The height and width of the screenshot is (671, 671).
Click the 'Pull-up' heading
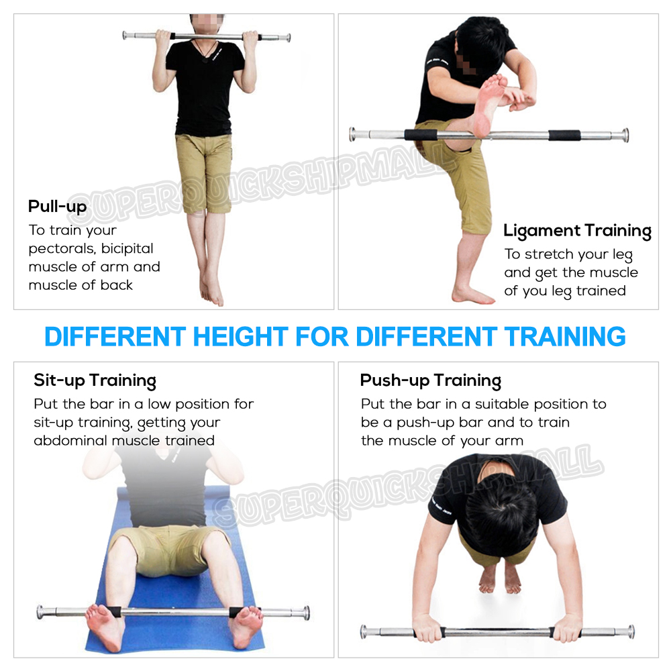coord(57,206)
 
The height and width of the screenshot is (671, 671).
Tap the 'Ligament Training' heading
coord(577,231)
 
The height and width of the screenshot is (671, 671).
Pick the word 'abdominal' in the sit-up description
coord(70,440)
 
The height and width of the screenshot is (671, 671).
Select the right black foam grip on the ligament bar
coord(564,136)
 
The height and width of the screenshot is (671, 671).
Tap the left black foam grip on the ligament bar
coord(421,135)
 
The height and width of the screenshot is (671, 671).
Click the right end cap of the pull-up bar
coord(289,38)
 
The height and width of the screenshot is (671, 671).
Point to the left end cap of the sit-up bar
coord(40,612)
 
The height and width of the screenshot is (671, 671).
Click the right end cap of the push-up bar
coord(631,631)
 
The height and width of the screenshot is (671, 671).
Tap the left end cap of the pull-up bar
coord(125,35)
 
